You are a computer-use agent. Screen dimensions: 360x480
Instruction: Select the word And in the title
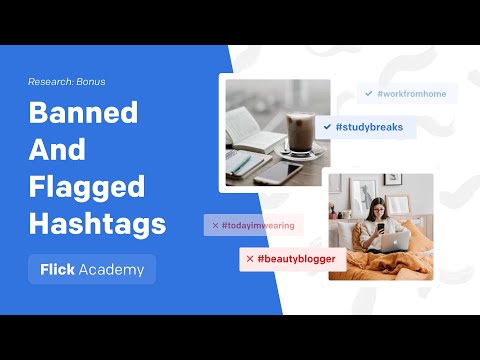[x=59, y=151]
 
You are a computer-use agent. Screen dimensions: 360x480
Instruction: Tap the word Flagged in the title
[x=86, y=187]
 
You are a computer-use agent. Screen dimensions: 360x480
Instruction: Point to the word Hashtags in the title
[x=97, y=223]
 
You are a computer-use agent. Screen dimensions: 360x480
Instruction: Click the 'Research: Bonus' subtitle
[x=66, y=81]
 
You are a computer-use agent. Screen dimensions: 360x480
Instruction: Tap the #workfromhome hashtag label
[x=411, y=93]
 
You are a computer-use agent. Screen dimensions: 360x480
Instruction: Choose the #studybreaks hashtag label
[x=369, y=127]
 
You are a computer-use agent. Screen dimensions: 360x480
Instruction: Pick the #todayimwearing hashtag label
[x=258, y=225]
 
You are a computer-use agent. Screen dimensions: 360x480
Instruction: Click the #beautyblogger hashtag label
[x=296, y=259]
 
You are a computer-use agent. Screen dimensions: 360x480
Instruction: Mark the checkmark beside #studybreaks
[x=327, y=127]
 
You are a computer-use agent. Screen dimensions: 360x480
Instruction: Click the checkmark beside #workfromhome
[x=369, y=93]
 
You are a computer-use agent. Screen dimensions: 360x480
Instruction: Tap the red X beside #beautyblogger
[x=249, y=259]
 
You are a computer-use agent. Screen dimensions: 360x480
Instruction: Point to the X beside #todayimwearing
[x=212, y=225]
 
